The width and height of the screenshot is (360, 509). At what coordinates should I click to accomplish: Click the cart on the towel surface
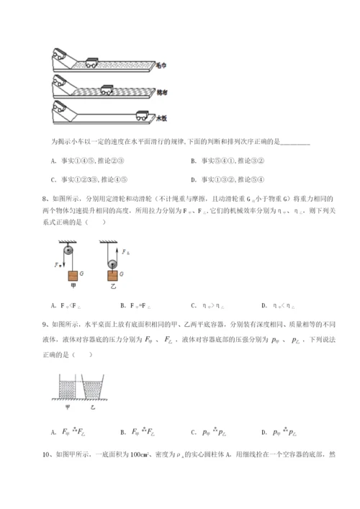93,63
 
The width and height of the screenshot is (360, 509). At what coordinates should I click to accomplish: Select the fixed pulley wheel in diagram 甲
68,253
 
